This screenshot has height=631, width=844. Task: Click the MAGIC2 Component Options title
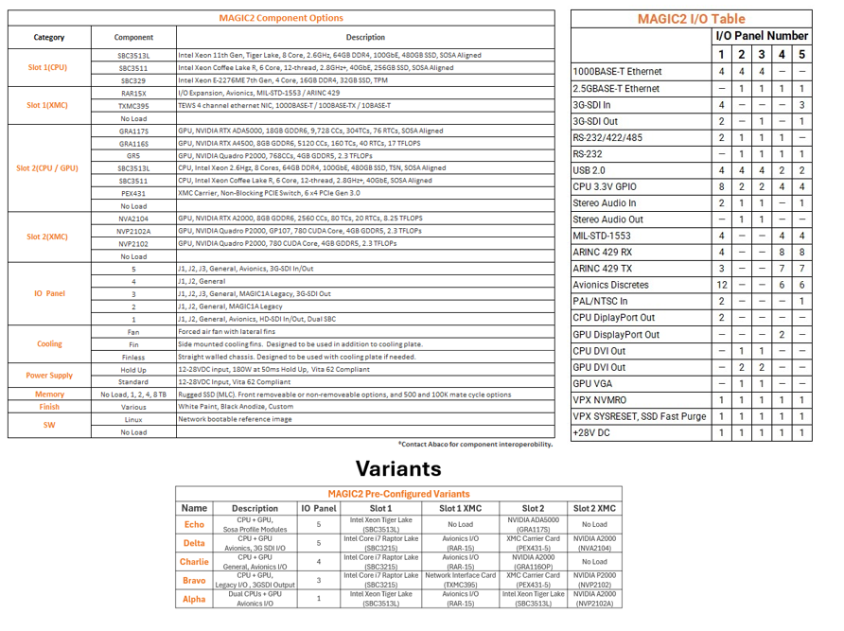tap(282, 18)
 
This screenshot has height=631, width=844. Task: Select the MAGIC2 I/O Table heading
tap(691, 19)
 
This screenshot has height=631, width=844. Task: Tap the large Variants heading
tap(398, 468)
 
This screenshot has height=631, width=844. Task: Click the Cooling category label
tap(49, 344)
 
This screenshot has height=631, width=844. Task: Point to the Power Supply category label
tap(49, 376)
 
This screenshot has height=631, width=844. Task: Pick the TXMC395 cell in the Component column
tap(133, 106)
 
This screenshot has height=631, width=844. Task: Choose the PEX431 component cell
tap(133, 192)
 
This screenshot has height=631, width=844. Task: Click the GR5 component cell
tap(133, 155)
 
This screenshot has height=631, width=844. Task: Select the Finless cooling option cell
tap(133, 357)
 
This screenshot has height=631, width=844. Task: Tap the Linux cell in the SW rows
tap(133, 419)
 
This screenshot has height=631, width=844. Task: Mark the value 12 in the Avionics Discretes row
tap(722, 285)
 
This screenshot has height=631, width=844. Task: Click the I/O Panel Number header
tap(761, 36)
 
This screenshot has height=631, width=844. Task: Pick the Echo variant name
tap(194, 524)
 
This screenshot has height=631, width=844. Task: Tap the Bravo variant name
tap(194, 580)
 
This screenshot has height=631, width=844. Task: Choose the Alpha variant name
tap(194, 598)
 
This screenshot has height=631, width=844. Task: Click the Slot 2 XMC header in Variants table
tap(594, 508)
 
